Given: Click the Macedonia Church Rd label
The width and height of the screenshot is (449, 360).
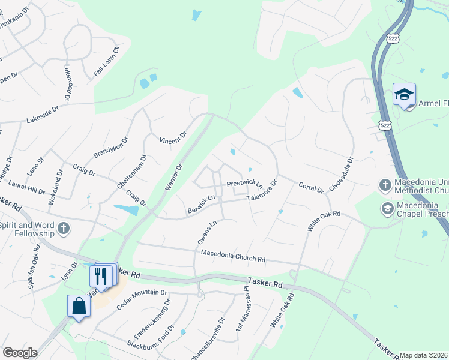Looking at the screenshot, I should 233,256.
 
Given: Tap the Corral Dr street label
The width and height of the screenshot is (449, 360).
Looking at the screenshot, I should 311,187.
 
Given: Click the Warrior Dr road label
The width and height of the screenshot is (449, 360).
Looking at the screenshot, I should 173,177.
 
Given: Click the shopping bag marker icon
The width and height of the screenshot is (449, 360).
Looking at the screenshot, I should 79,306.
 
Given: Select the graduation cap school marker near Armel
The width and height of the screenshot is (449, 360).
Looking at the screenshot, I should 404,95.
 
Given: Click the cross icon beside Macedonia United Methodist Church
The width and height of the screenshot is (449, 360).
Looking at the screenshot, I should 385,184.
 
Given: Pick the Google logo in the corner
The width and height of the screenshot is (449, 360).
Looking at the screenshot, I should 19,353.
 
